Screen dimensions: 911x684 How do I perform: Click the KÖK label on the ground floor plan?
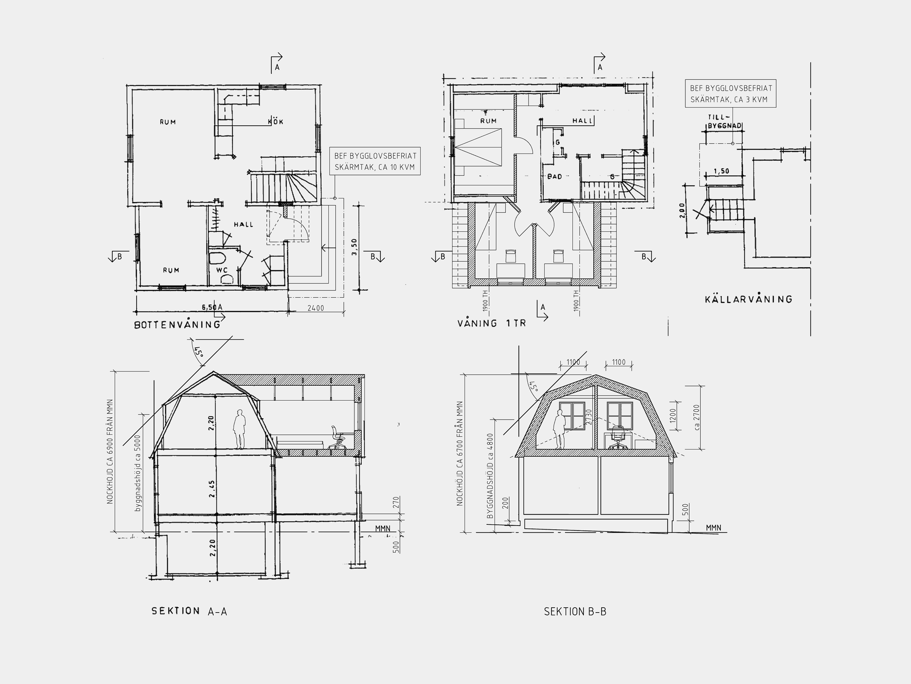[x=276, y=121]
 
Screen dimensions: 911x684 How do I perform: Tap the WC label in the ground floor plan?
[x=222, y=270]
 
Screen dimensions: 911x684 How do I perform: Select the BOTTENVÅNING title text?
[x=178, y=325]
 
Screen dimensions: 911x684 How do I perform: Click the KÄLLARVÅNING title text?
[x=748, y=299]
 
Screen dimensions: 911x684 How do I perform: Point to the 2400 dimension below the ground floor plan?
[x=316, y=308]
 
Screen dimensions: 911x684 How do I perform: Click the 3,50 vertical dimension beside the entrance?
[x=355, y=247]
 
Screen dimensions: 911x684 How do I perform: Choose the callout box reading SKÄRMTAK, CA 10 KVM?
[x=375, y=161]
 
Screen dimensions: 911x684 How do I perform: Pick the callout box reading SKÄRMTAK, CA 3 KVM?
[x=731, y=93]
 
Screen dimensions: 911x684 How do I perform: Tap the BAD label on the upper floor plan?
[x=555, y=176]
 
